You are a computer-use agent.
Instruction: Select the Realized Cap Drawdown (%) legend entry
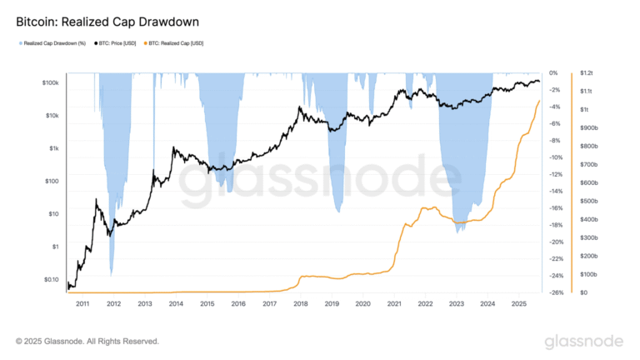click(54, 42)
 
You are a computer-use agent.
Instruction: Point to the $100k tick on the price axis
click(47, 82)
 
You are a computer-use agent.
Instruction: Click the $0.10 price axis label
click(48, 279)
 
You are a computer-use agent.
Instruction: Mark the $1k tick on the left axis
click(52, 148)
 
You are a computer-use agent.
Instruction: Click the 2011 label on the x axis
click(82, 305)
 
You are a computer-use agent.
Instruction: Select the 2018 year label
click(300, 305)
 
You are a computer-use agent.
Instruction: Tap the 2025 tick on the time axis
click(517, 305)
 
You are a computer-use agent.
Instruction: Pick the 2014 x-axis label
click(176, 305)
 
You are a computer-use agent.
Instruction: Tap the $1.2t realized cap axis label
click(587, 73)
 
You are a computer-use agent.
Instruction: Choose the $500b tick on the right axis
click(588, 201)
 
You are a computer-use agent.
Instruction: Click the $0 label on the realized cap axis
click(583, 292)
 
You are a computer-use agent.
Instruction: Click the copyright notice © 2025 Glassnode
click(87, 341)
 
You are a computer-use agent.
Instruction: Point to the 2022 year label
click(424, 305)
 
